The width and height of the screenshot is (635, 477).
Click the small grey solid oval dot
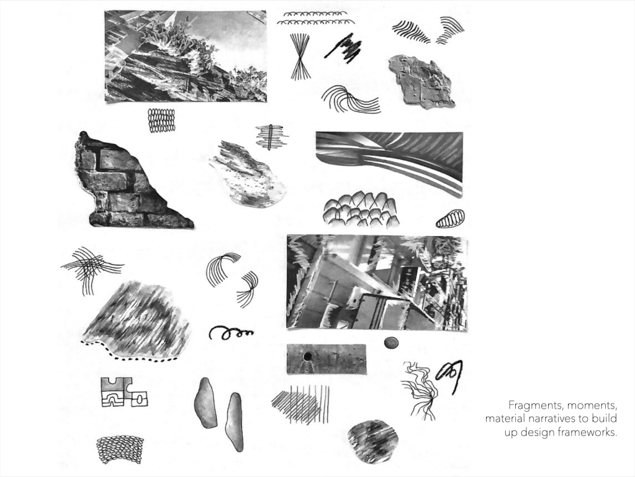(391, 343)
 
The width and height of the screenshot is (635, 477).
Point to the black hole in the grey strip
(307, 357)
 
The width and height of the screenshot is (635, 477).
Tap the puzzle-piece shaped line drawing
(124, 391)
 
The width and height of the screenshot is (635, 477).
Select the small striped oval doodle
(449, 219)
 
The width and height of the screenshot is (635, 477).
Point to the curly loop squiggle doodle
(230, 332)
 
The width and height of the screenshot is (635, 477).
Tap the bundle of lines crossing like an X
(300, 57)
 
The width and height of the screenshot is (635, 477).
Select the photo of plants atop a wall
(186, 56)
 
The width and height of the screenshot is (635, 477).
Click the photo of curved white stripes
(390, 163)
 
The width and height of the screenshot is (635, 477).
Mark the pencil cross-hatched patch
(301, 404)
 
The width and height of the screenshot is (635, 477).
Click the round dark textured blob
(373, 442)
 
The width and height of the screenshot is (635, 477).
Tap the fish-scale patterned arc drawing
(120, 450)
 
